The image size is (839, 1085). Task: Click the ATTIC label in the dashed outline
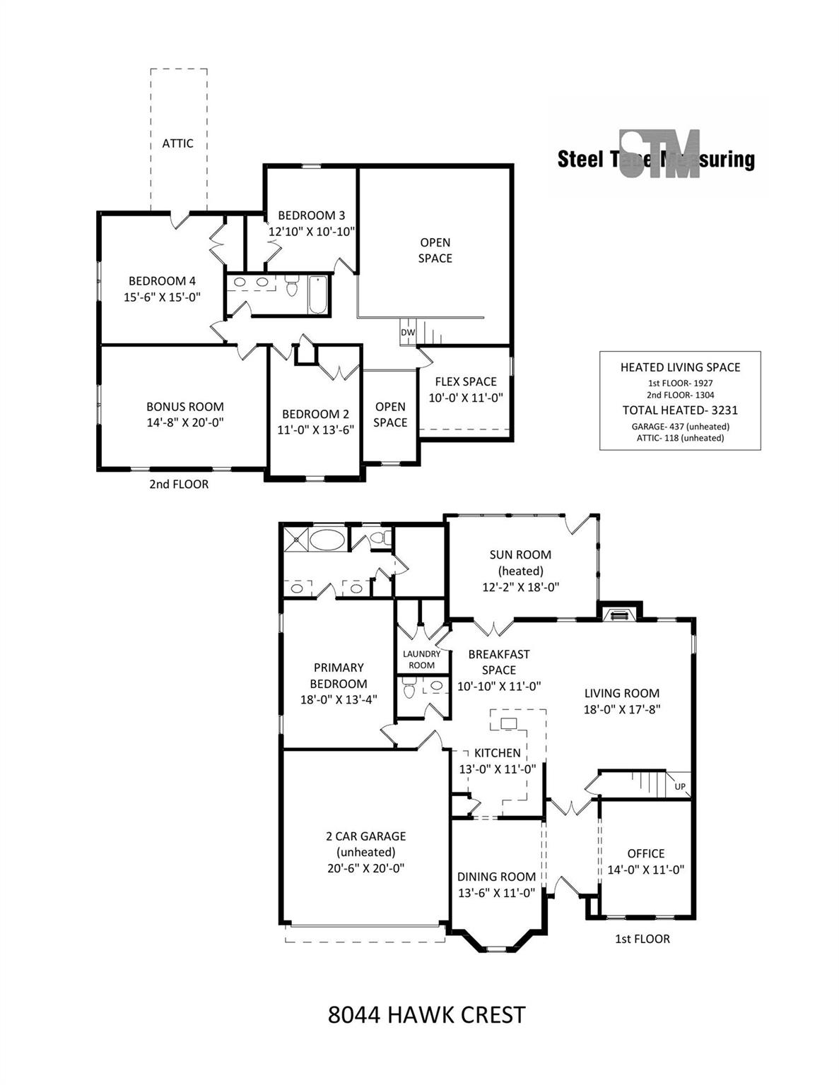pos(178,143)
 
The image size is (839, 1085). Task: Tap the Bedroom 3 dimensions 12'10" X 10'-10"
pos(312,232)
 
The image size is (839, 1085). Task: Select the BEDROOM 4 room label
pos(163,281)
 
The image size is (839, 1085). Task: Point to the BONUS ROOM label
pos(185,406)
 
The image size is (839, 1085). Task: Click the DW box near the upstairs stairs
pos(408,332)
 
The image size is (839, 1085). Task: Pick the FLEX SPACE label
pos(466,381)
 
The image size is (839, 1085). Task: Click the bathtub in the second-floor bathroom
pos(317,295)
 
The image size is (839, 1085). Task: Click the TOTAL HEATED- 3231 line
pos(680,410)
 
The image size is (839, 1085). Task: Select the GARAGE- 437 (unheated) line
pos(680,427)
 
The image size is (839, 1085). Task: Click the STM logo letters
pos(659,154)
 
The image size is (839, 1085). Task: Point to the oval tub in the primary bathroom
pos(327,540)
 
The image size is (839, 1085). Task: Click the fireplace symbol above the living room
pos(619,615)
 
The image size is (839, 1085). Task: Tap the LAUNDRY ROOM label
pos(422,660)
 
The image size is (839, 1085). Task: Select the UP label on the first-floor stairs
pos(680,786)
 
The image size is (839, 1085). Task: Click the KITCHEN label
pos(498,753)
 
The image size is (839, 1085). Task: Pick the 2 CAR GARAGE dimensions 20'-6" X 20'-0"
pos(366,868)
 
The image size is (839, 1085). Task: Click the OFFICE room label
pos(646,853)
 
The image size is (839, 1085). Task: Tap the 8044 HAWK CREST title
pos(427,1014)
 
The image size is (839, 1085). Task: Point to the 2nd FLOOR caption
pos(179,484)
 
